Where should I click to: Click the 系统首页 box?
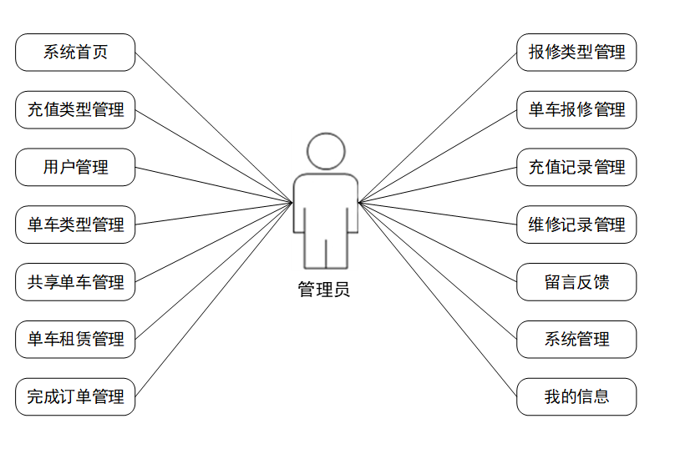75,53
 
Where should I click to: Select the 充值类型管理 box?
75,110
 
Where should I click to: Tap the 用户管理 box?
75,167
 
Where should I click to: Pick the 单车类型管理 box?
75,224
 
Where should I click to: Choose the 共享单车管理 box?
75,282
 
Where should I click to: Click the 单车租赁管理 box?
75,340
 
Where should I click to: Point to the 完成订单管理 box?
75,396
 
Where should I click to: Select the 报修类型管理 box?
576,53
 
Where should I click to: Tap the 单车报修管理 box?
576,110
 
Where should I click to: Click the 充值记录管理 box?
576,167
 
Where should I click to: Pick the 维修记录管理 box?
576,224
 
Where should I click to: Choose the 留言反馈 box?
576,282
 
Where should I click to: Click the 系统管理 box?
576,340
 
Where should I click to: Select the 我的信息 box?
576,396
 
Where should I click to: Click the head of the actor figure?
326,152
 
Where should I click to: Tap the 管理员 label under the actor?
324,290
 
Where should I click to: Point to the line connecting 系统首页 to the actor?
214,127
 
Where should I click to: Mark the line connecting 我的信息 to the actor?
438,299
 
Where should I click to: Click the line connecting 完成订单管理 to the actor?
214,299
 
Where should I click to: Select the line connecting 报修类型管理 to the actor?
438,127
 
